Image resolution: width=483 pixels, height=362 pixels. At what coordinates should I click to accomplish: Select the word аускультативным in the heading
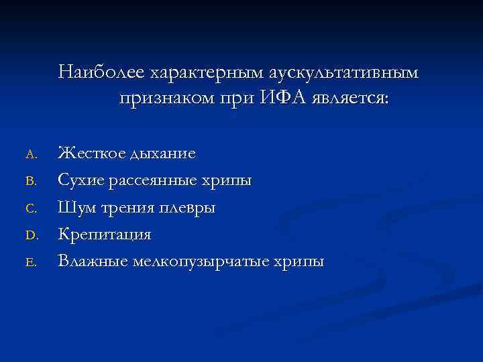(x=344, y=71)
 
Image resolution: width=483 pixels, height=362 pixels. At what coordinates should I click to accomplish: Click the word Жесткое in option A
(x=91, y=154)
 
